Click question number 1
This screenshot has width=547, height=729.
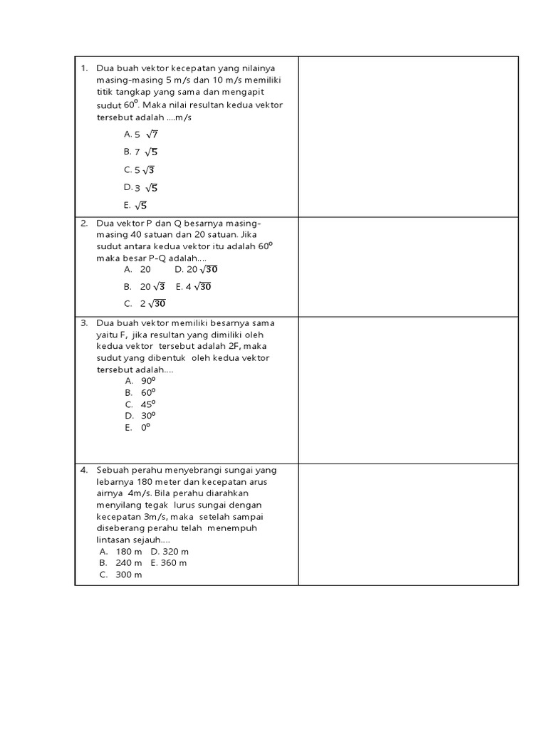tap(83, 68)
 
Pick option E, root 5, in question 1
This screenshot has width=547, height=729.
tap(135, 206)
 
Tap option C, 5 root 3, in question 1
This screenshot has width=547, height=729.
tap(139, 170)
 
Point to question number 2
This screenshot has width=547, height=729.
tap(83, 223)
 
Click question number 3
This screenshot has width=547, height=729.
tap(83, 323)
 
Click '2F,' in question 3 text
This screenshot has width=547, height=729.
tap(231, 346)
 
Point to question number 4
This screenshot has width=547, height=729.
tap(83, 470)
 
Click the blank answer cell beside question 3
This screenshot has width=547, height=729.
tap(408, 390)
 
